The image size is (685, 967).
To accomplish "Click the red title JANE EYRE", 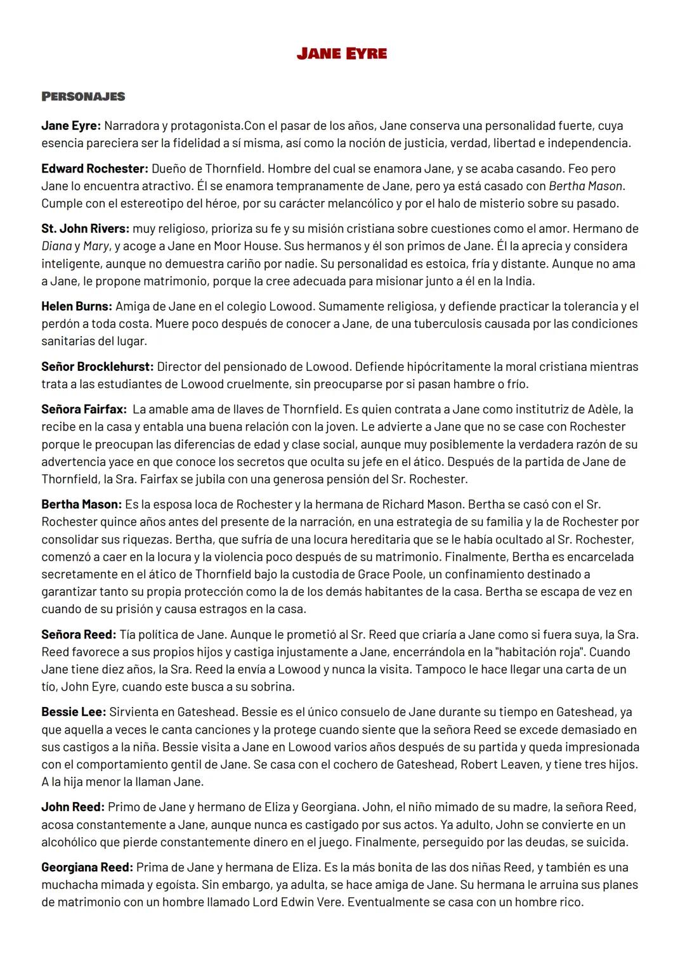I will pos(341,54).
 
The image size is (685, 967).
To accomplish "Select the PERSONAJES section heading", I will pos(83,96).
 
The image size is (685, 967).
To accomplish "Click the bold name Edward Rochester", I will pos(95,169).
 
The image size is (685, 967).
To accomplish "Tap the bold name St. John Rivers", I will pos(85,228).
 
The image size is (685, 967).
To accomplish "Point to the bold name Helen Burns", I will pos(77,306).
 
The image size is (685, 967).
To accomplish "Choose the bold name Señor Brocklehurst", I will pos(97,367).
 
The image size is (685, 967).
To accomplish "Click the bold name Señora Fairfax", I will pos(84,410).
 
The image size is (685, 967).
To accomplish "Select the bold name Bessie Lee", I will pos(73,712).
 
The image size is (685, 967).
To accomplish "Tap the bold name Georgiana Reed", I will pos(87,867).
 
